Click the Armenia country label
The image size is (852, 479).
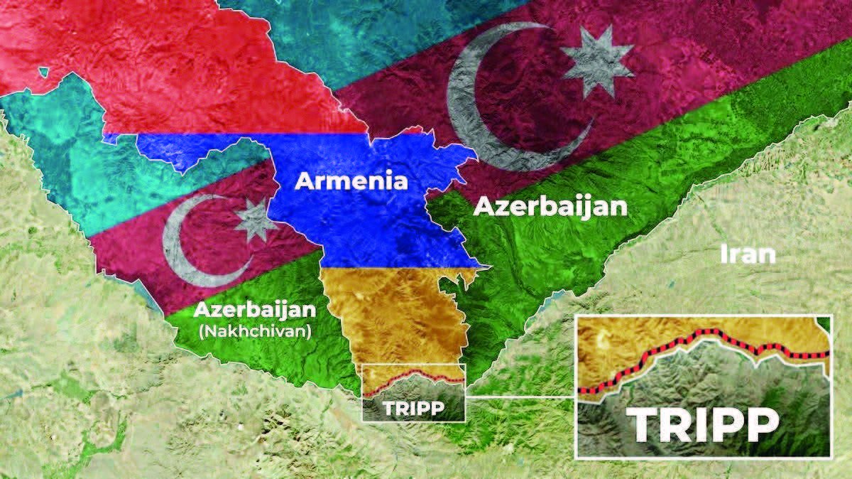coord(351,181)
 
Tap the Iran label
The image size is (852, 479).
coord(748,253)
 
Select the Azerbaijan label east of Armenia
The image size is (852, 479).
coord(550,207)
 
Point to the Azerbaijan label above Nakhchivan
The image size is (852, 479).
coord(254,311)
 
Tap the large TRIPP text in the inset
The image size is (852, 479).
coord(702,426)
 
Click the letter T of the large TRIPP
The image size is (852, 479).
coord(648,426)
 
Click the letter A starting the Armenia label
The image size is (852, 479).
coord(303,181)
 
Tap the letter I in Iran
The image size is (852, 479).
coord(723,253)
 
